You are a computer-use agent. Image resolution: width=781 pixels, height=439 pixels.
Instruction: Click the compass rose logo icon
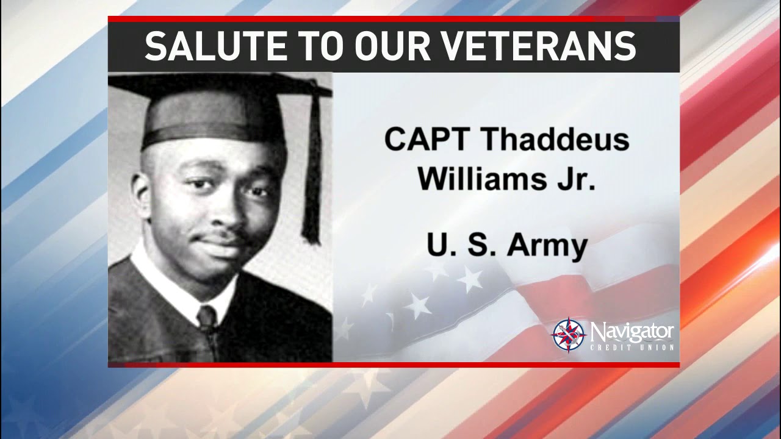pyautogui.click(x=569, y=335)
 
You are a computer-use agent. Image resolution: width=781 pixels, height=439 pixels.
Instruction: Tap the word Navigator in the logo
pyautogui.click(x=632, y=332)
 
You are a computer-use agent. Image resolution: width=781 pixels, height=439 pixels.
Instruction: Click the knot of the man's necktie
pyautogui.click(x=206, y=317)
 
